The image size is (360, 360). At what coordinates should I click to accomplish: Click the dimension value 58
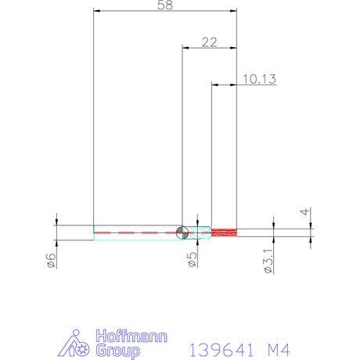[165, 5]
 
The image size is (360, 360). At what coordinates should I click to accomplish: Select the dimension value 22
[209, 42]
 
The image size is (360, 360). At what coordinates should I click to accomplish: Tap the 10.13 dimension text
[259, 79]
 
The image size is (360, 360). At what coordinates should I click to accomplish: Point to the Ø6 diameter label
[52, 261]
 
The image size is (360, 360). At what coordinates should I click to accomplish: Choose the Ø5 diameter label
[193, 260]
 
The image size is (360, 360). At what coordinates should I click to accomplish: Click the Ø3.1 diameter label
[268, 261]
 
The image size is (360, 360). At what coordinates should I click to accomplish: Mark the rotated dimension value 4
[304, 212]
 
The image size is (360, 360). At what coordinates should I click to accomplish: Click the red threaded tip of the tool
[224, 232]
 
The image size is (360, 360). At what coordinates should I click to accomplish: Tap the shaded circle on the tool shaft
[182, 232]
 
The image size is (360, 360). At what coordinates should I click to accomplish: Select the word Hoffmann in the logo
[131, 337]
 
